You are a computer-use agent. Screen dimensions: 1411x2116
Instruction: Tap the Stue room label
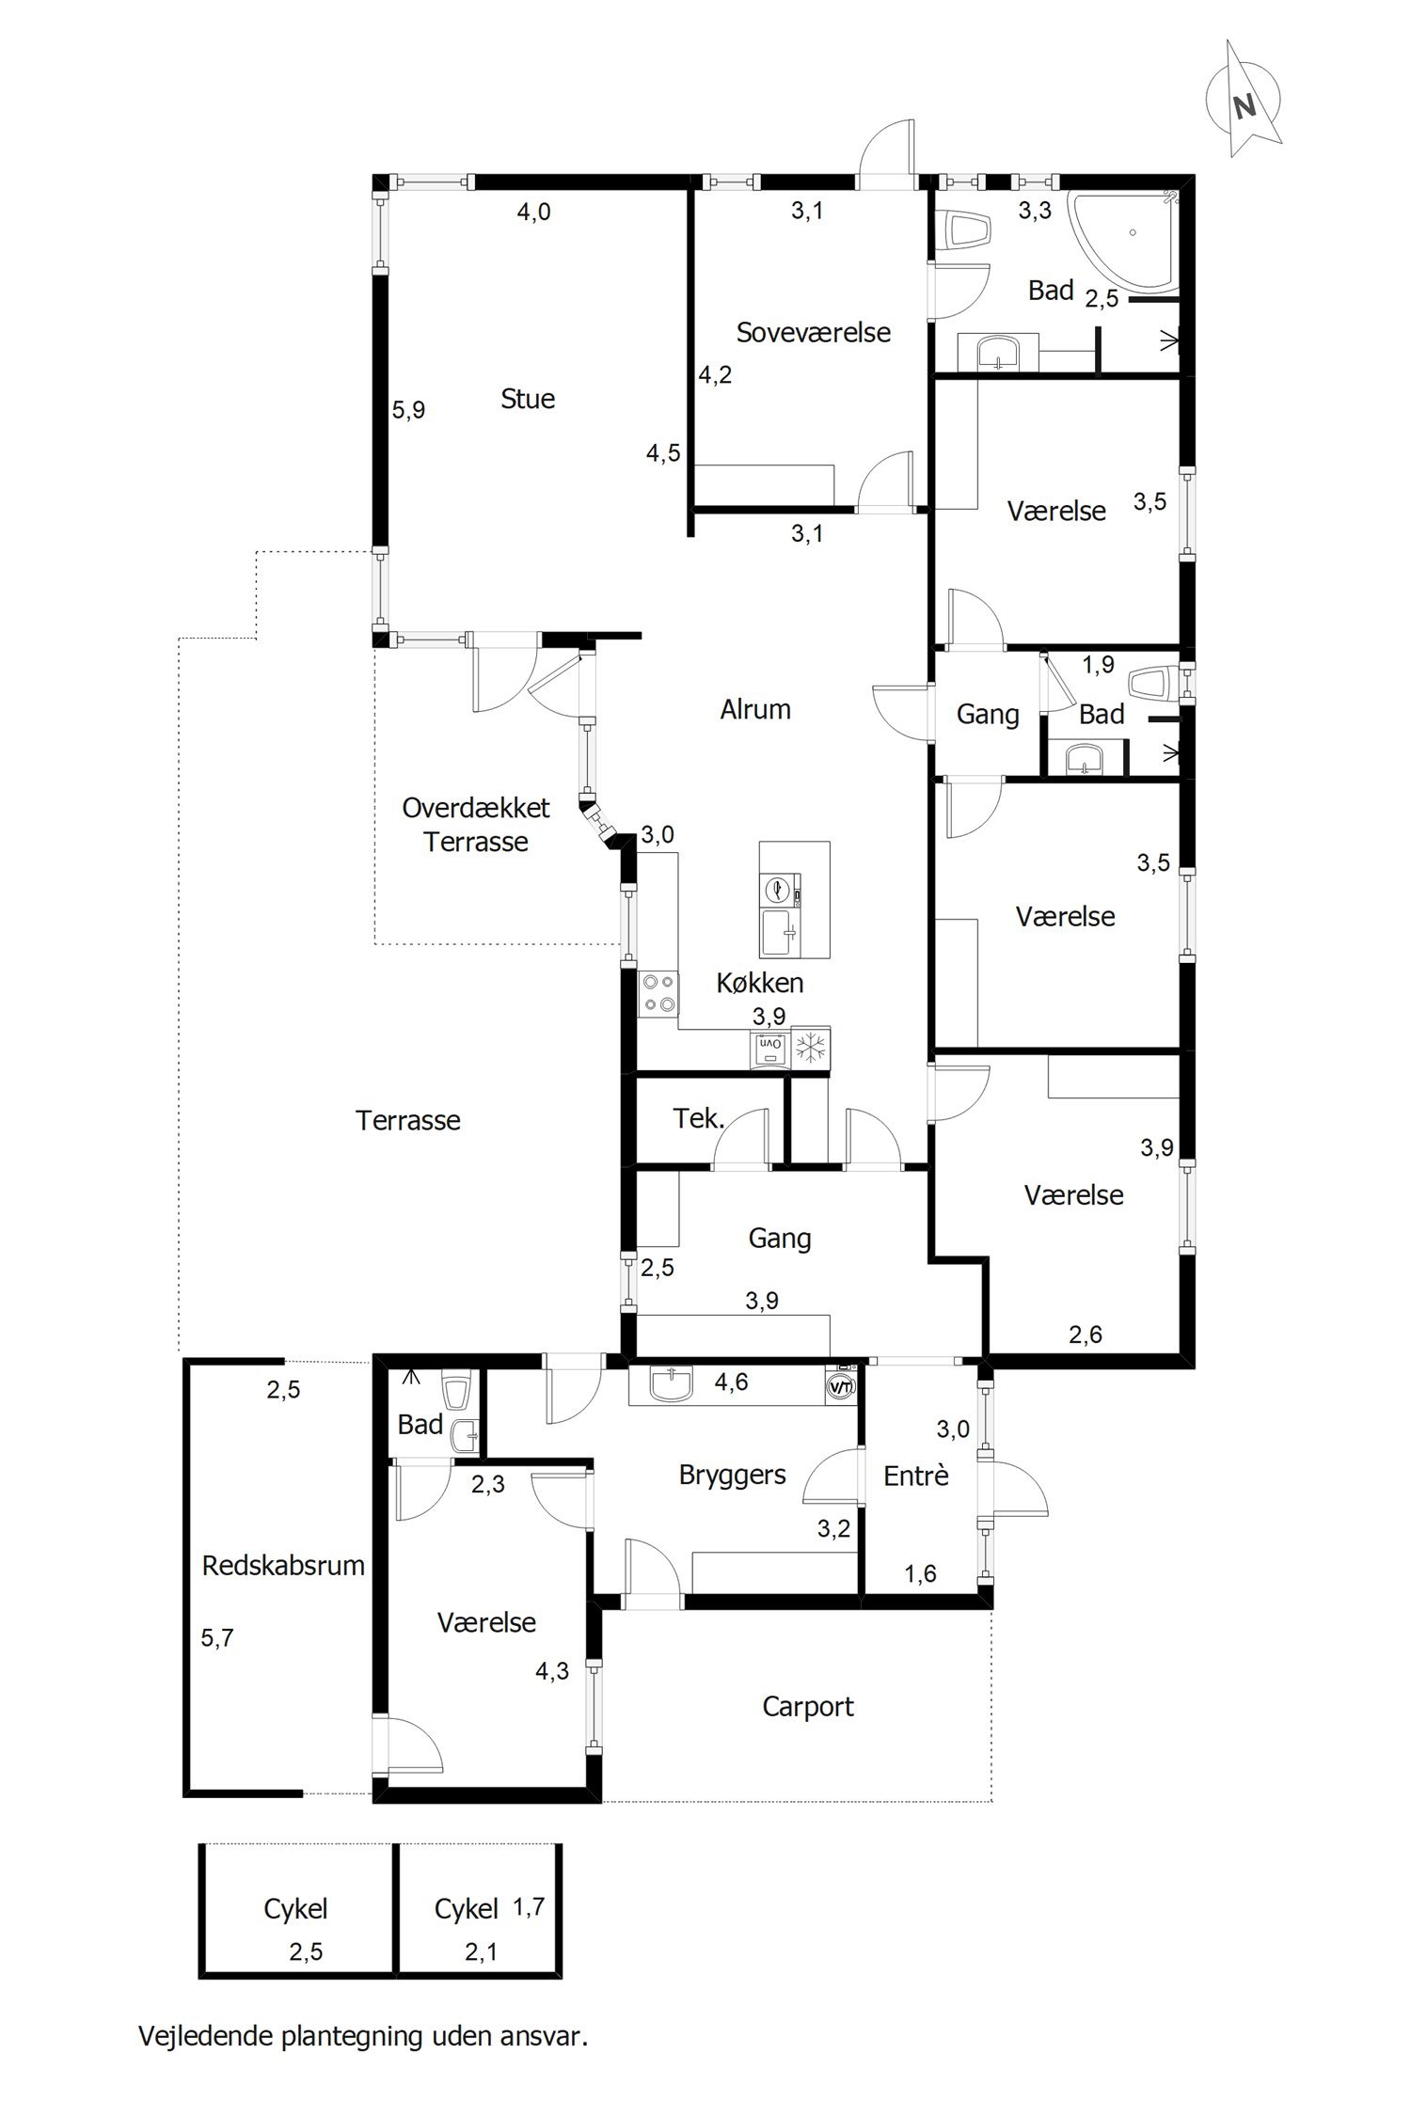pyautogui.click(x=528, y=399)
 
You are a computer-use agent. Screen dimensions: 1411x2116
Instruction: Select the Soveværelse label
pyautogui.click(x=814, y=332)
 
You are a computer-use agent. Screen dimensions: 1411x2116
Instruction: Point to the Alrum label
pyautogui.click(x=755, y=709)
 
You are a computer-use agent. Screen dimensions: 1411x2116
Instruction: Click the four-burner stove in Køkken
pyautogui.click(x=658, y=993)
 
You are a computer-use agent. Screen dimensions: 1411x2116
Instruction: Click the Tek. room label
pyautogui.click(x=699, y=1119)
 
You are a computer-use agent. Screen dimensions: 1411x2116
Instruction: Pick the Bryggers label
pyautogui.click(x=733, y=1475)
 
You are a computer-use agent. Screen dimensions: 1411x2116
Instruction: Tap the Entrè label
pyautogui.click(x=916, y=1476)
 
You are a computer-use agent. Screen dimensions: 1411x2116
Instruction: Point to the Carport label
pyautogui.click(x=808, y=1707)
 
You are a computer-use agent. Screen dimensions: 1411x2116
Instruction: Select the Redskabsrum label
pyautogui.click(x=283, y=1566)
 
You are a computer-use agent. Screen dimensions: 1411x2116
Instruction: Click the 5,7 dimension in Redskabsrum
pyautogui.click(x=217, y=1638)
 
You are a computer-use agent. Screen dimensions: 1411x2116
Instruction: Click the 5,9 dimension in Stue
pyautogui.click(x=408, y=410)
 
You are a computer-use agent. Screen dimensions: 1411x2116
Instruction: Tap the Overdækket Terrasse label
pyautogui.click(x=476, y=824)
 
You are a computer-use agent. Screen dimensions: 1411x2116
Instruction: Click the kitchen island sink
pyautogui.click(x=780, y=932)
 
